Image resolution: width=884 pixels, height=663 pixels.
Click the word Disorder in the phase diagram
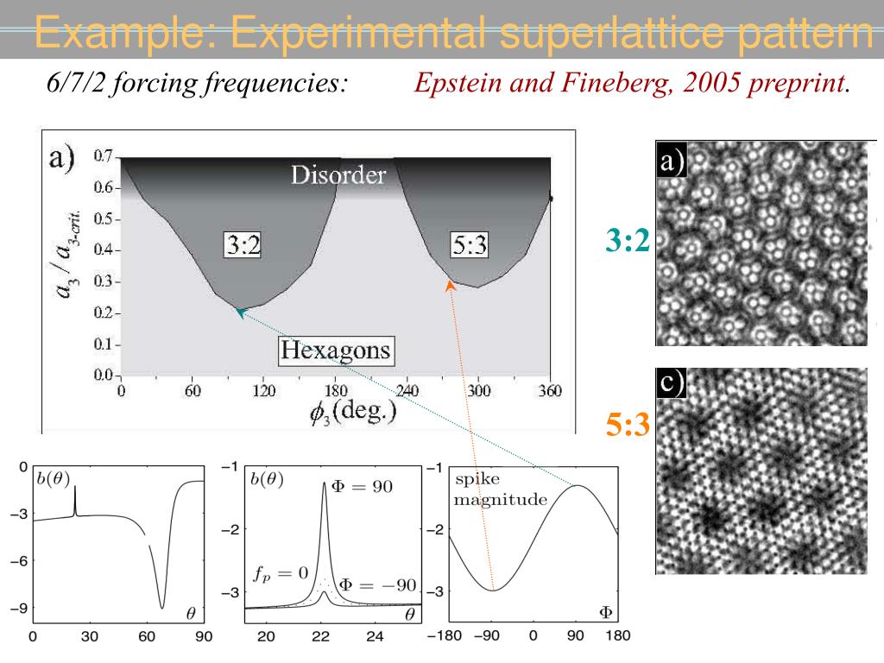coord(338,175)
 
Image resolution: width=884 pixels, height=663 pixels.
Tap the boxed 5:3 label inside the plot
coord(470,246)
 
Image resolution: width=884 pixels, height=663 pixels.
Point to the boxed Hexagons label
coord(336,351)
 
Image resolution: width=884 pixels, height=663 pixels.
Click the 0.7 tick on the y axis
coord(103,156)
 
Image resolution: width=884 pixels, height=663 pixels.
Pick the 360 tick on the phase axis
coord(549,391)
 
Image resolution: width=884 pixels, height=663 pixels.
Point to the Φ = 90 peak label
coord(362,486)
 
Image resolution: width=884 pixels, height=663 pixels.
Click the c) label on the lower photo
coord(670,384)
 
